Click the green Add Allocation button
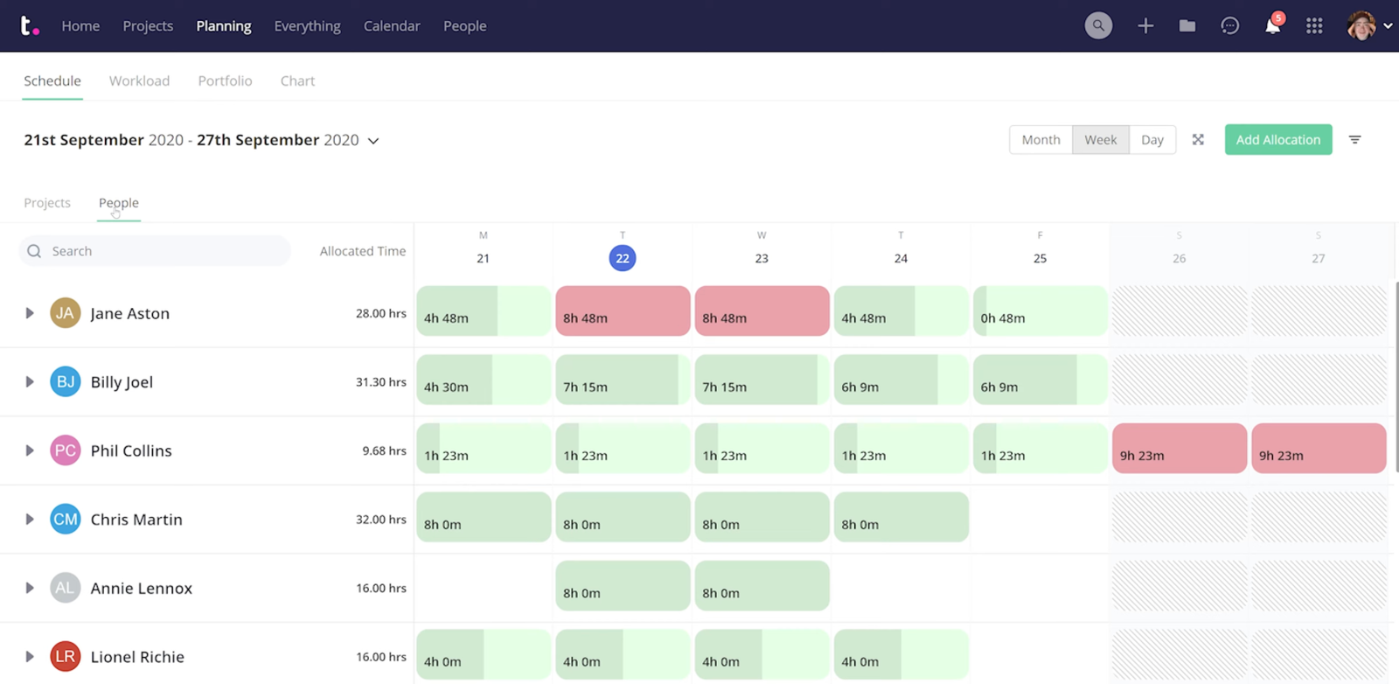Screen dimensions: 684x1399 1277,140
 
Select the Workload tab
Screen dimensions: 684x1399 139,80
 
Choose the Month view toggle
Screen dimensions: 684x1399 1041,140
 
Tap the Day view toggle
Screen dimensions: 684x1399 1152,140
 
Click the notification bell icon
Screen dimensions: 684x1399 1272,26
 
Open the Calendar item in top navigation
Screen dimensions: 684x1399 392,26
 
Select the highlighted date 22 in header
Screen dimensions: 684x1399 622,258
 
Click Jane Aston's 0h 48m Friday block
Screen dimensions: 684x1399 1040,311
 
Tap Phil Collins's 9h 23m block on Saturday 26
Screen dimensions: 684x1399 1179,449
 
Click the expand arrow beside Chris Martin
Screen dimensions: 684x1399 30,520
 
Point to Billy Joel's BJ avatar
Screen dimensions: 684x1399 66,381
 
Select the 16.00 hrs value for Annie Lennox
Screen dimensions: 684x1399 380,588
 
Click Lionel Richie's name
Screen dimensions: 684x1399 137,657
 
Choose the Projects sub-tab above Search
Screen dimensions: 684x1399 47,203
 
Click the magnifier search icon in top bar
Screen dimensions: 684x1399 1098,26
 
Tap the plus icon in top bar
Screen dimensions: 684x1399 1145,26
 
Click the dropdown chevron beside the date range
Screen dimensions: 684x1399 373,141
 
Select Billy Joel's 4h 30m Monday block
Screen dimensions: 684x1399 483,380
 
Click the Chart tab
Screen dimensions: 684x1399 297,80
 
